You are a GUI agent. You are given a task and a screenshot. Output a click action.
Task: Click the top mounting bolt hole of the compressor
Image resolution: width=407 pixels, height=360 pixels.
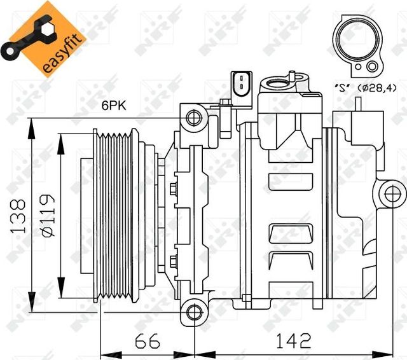195,116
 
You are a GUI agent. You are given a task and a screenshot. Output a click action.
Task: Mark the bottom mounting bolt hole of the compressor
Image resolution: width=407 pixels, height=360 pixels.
195,311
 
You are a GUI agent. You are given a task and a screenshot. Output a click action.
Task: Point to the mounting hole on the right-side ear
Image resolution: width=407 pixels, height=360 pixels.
390,192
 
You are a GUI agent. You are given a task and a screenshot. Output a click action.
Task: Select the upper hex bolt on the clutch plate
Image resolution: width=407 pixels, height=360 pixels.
174,188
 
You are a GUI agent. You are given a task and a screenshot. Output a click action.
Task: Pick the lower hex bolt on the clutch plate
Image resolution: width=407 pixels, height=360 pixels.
174,258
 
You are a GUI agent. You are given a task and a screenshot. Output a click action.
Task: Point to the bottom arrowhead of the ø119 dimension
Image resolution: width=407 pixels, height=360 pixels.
60,290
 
